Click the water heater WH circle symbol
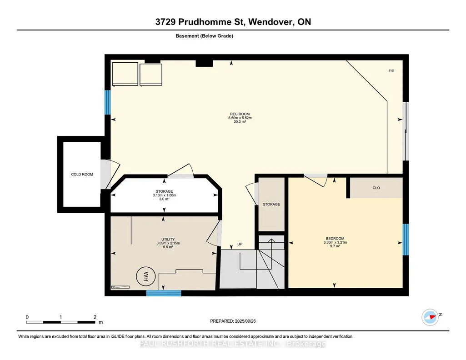pos(145,276)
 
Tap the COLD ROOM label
pos(82,175)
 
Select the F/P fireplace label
pos(391,71)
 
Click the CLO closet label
pos(376,188)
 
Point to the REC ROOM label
pos(240,114)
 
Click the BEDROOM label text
pos(335,239)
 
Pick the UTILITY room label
pos(168,239)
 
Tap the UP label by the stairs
pos(240,244)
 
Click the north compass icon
pos(430,317)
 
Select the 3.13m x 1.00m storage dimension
pos(164,195)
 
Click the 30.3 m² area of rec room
pos(240,121)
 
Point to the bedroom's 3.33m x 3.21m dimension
pos(335,242)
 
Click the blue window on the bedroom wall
pos(406,240)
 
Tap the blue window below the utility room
pos(164,293)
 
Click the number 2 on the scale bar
pos(95,317)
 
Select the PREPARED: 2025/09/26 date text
pos(233,321)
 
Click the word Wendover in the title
pos(269,22)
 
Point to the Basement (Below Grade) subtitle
pos(205,36)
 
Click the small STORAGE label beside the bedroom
pos(271,205)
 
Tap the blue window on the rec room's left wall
pos(108,102)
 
